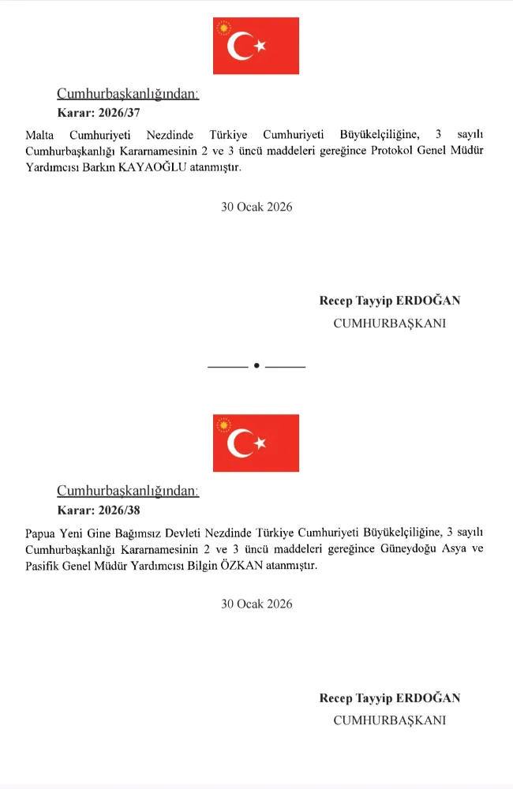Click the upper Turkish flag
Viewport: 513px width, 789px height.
coord(256,46)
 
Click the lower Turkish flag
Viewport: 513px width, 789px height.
coord(256,443)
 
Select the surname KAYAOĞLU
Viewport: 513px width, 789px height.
coord(151,167)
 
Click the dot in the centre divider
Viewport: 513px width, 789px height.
coord(256,366)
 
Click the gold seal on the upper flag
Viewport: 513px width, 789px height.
coord(224,28)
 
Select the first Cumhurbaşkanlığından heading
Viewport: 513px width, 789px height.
coord(128,94)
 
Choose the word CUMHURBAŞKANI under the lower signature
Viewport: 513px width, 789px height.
coord(390,720)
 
